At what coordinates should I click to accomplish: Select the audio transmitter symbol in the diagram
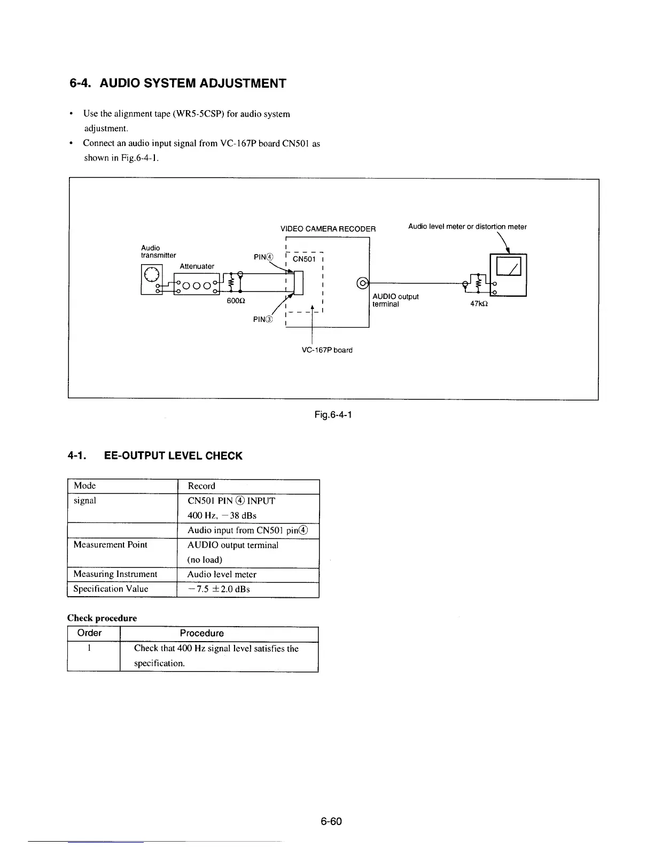click(151, 274)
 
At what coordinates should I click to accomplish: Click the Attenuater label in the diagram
click(197, 266)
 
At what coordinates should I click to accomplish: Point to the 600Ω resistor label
click(236, 301)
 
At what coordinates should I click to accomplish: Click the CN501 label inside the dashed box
click(305, 259)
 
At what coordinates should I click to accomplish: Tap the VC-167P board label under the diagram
click(327, 350)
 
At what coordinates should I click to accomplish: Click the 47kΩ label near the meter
click(479, 304)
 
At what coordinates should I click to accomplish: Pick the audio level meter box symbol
click(509, 274)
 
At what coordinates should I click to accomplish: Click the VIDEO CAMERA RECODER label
click(328, 229)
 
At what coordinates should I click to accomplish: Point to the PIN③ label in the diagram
click(263, 320)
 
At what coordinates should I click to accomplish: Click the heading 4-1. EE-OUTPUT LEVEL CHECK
click(155, 456)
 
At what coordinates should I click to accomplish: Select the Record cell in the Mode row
click(201, 486)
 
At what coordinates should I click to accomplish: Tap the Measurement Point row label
click(110, 545)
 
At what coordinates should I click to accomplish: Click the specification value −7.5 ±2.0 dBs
click(219, 589)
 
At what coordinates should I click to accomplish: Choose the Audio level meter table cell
click(222, 574)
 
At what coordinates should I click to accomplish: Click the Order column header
click(89, 633)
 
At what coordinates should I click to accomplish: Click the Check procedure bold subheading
click(102, 618)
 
